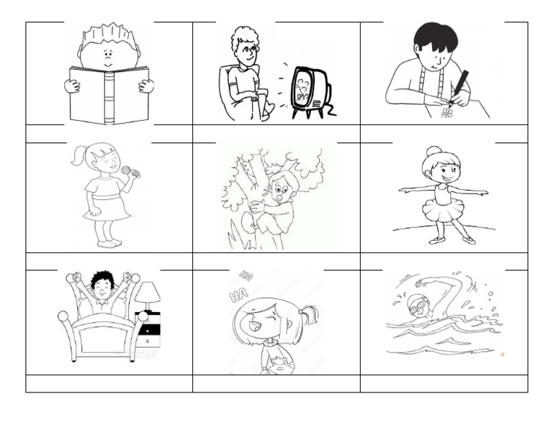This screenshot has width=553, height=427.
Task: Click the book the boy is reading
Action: point(109,95)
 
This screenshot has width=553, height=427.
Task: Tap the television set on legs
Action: point(310,89)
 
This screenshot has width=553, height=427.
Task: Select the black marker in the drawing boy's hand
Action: point(457,86)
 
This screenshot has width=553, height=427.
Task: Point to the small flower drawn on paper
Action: point(447,113)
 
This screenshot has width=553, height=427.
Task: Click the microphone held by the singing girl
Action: point(131,172)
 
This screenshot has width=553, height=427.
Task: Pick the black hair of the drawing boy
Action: point(435,36)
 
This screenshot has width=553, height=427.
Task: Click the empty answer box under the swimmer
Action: point(444,383)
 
